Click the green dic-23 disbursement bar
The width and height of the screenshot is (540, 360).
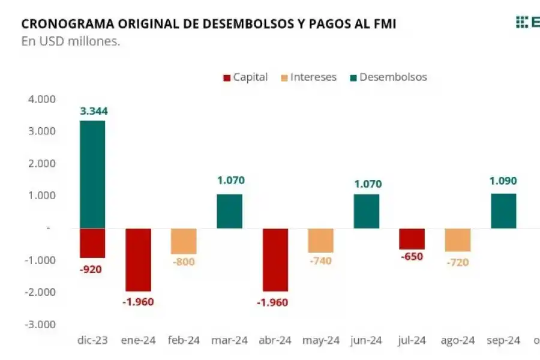pyautogui.click(x=92, y=174)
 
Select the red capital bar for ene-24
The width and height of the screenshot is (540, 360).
pyautogui.click(x=138, y=259)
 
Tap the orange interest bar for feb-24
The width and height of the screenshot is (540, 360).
pyautogui.click(x=184, y=241)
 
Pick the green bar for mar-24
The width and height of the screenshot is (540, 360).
pyautogui.click(x=229, y=211)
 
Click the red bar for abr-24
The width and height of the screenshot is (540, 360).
pyautogui.click(x=275, y=259)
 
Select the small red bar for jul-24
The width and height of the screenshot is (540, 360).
pyautogui.click(x=412, y=239)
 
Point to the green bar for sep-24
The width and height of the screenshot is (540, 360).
pyautogui.click(x=503, y=211)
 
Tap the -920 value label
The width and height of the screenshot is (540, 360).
pyautogui.click(x=91, y=269)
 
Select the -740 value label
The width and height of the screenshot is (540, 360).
pyautogui.click(x=320, y=261)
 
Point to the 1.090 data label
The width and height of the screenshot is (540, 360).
pyautogui.click(x=503, y=181)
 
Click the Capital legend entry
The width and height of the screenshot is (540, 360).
pyautogui.click(x=245, y=77)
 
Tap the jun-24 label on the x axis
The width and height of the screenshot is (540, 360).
pyautogui.click(x=367, y=341)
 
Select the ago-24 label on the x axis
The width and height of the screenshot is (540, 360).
pyautogui.click(x=458, y=341)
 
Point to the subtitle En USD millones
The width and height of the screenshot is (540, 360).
pyautogui.click(x=71, y=41)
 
